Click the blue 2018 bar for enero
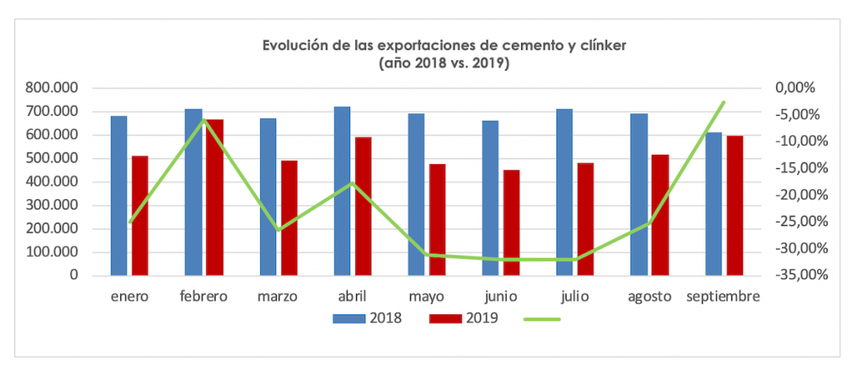click(x=119, y=195)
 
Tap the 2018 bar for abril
click(x=342, y=191)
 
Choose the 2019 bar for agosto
click(x=660, y=214)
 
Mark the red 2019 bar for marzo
click(x=289, y=218)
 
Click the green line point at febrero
click(x=204, y=120)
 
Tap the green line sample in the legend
click(x=541, y=319)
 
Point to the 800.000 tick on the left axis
click(x=53, y=87)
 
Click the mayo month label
click(x=428, y=297)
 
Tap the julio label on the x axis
click(x=576, y=297)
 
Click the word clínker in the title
click(x=595, y=45)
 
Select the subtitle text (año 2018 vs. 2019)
click(x=444, y=63)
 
